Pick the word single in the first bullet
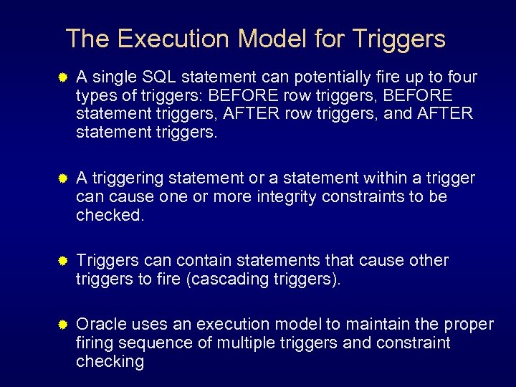(x=113, y=77)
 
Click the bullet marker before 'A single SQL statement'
(x=63, y=77)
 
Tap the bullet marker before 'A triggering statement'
(x=63, y=178)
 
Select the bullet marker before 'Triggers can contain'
(x=63, y=260)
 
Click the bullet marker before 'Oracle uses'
(x=63, y=325)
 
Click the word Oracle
(x=100, y=325)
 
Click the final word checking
(x=110, y=362)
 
